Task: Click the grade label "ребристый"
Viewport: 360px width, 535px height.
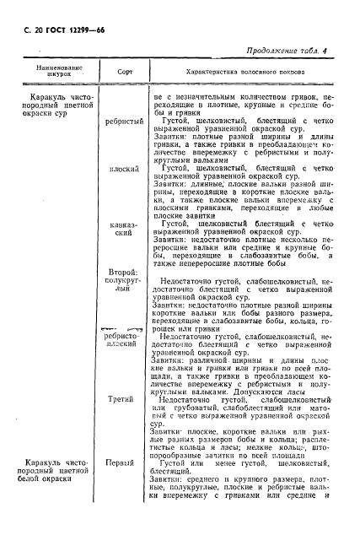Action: click(x=124, y=123)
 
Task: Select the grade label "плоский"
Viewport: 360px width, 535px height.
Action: click(x=124, y=170)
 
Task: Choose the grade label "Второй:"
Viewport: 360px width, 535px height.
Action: click(x=124, y=273)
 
